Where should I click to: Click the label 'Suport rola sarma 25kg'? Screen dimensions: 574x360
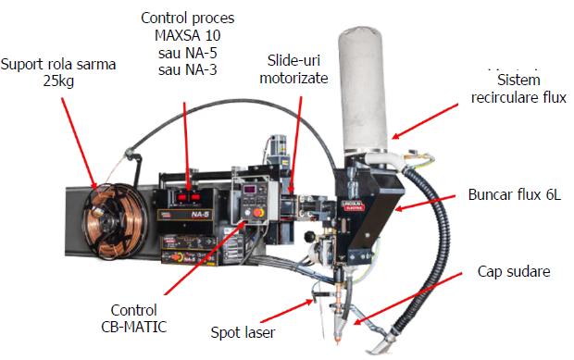[x=58, y=72]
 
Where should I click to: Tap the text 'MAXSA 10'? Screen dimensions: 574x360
[x=187, y=35]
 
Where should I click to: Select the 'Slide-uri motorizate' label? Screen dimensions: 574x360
[x=293, y=69]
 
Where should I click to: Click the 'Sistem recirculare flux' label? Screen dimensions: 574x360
[x=518, y=89]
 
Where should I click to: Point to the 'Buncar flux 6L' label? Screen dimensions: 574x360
[x=515, y=194]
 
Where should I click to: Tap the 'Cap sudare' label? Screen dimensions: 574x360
[x=514, y=271]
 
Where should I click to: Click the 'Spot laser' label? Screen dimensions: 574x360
[x=243, y=332]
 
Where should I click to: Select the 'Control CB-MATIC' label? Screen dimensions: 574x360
[x=133, y=318]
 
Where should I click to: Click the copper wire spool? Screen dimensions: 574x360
[x=115, y=221]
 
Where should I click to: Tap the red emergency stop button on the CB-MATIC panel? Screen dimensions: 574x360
[x=258, y=213]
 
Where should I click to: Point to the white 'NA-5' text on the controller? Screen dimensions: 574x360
[x=200, y=215]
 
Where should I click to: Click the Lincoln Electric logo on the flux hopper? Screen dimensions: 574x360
[x=353, y=205]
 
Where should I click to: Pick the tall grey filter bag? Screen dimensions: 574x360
[x=362, y=90]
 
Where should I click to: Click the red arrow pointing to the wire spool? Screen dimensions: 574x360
[x=79, y=143]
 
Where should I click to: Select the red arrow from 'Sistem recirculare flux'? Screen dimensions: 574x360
[x=425, y=121]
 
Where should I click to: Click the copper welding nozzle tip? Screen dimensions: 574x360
[x=337, y=339]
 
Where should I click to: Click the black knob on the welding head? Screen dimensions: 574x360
[x=310, y=237]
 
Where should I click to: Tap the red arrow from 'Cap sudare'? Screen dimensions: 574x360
[x=407, y=298]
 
